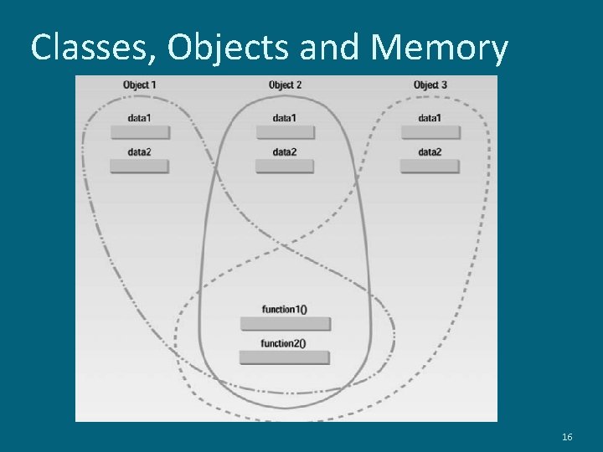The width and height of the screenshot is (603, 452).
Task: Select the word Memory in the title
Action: point(438,49)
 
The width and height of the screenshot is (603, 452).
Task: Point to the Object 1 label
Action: point(140,85)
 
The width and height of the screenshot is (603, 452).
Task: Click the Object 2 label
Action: point(285,85)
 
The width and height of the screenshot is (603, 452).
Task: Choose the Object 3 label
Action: point(430,85)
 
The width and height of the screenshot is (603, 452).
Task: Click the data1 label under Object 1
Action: point(140,118)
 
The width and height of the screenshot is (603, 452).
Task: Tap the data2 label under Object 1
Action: point(140,152)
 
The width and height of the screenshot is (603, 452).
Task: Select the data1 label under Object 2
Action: point(285,118)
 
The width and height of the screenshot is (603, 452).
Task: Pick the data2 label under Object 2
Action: point(285,152)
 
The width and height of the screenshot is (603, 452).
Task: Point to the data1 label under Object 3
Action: point(430,118)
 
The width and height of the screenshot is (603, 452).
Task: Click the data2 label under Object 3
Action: point(430,152)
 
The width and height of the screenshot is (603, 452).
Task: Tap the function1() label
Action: point(285,309)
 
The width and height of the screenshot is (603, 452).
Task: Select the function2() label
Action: point(284,342)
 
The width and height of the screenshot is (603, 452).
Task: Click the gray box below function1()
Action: point(285,324)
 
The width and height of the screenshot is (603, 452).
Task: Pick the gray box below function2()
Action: point(285,357)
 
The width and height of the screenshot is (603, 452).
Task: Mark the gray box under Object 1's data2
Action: point(140,166)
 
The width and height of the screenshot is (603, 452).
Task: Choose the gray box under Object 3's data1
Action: point(430,132)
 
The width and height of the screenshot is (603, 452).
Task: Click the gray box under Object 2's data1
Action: point(285,132)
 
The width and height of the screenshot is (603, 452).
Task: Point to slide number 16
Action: point(567,438)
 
